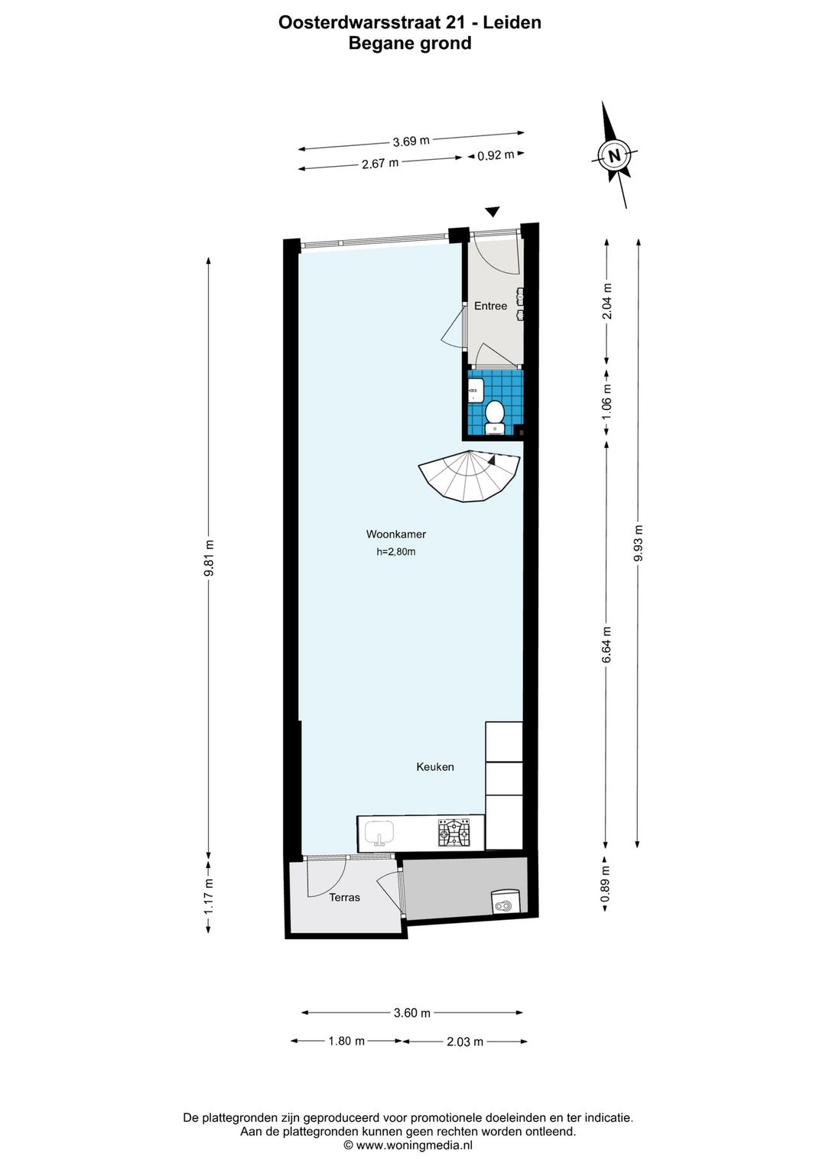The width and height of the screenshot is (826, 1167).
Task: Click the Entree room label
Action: [490, 306]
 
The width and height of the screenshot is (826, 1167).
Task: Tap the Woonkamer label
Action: [396, 534]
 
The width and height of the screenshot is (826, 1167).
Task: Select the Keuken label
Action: [435, 767]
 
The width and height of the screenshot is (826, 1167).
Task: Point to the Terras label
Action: [344, 898]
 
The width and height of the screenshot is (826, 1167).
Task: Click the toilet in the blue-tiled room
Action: [494, 417]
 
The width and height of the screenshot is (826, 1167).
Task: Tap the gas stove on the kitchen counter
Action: [454, 834]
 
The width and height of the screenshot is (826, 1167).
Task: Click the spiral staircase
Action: [469, 476]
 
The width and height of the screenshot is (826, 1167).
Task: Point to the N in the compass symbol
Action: [615, 155]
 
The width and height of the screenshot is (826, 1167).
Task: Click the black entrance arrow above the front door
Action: [493, 212]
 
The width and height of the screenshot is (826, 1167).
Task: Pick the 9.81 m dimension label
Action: [209, 558]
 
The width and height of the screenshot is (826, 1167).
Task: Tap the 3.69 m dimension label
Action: [411, 141]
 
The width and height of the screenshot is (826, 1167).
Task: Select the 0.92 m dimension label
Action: [496, 154]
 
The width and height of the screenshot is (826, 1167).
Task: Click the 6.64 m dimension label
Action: [606, 644]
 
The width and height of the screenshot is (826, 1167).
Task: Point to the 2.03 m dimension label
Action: [465, 1042]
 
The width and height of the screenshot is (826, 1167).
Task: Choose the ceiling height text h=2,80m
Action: [396, 551]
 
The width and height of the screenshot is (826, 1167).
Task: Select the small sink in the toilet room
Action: [475, 390]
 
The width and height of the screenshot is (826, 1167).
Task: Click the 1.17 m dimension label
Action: [209, 896]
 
